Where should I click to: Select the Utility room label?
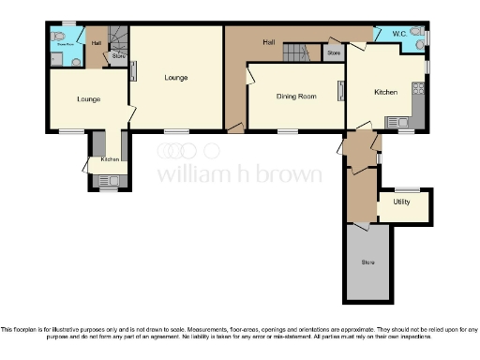click(402, 202)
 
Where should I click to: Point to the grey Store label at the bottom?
click(367, 262)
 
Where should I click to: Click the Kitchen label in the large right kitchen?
click(387, 92)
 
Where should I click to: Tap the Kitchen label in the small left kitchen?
click(110, 159)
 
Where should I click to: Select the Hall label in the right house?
click(269, 42)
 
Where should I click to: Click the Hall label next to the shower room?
click(96, 43)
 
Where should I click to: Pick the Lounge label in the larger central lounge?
click(176, 77)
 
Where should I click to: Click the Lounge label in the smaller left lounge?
click(89, 98)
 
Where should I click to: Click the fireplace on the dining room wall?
click(339, 94)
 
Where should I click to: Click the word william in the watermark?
click(188, 174)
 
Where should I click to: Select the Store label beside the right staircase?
click(333, 53)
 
